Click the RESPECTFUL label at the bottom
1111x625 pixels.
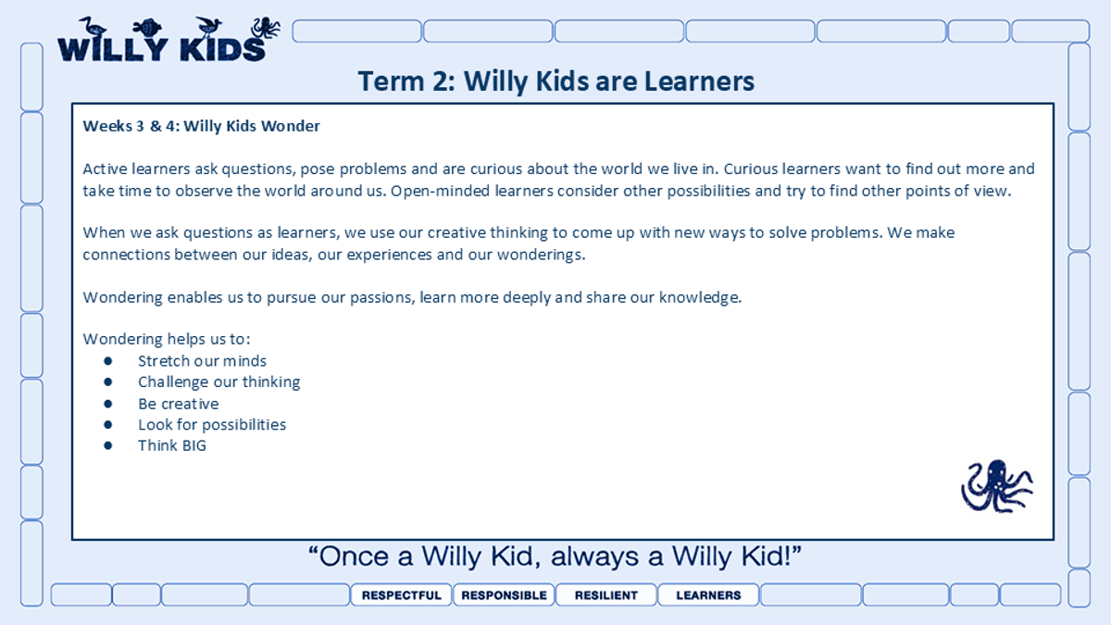(401, 594)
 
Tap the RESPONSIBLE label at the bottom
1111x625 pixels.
(504, 594)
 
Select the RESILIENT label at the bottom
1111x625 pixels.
(606, 594)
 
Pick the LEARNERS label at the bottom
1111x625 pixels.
(708, 594)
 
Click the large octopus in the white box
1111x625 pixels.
(997, 486)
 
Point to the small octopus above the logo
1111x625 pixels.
(266, 28)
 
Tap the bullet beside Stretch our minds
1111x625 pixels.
(108, 361)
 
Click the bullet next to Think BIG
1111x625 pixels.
(108, 445)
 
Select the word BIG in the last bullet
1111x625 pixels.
(193, 445)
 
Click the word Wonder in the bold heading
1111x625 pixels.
(291, 126)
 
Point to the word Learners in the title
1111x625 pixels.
(699, 81)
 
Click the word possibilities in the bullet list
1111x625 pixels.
(244, 425)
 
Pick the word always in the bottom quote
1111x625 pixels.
(594, 556)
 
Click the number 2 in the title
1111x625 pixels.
(441, 81)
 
